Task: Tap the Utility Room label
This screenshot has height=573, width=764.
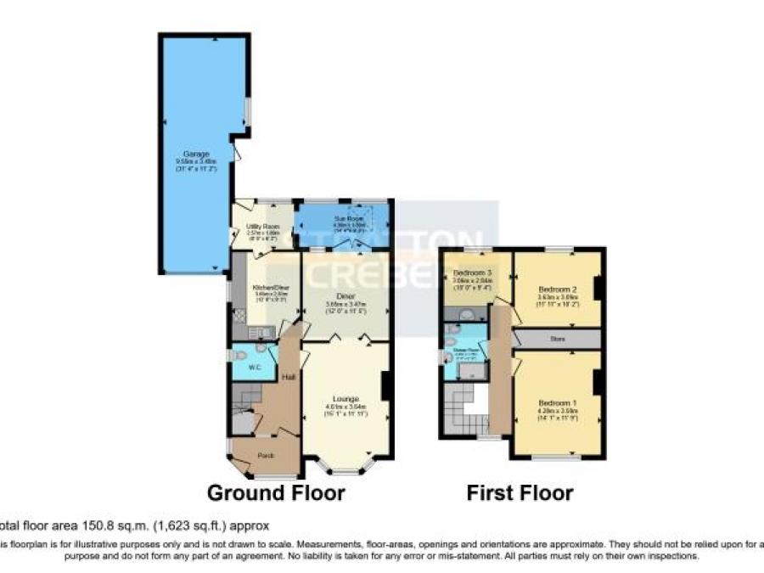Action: tap(262, 227)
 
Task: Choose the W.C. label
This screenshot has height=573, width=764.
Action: tap(254, 367)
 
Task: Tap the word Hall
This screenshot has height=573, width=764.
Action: tap(289, 377)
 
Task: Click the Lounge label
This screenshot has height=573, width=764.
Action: tap(345, 398)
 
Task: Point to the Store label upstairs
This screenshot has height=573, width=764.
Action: tap(557, 340)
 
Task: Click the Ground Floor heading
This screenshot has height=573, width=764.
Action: tap(276, 493)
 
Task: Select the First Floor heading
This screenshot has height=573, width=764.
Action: tap(520, 493)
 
